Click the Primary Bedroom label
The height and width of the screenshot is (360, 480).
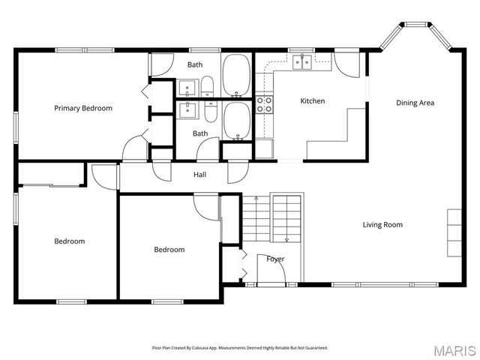coord(83,108)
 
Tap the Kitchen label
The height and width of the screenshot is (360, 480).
coord(313,101)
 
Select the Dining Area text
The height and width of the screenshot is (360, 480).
coord(415,103)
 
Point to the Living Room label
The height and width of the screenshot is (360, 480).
coord(382,225)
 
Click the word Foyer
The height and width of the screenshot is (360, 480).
coord(275,259)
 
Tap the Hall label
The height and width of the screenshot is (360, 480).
coord(199,175)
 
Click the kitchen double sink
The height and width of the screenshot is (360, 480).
coord(302,62)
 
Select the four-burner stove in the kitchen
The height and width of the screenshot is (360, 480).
coord(264,104)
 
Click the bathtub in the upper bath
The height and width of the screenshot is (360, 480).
coord(236,75)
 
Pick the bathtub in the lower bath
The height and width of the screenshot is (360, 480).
coord(237,121)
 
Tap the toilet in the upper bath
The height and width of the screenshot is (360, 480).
coord(207,86)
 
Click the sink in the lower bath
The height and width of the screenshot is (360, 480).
coord(187,110)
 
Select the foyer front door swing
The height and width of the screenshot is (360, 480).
coord(271,268)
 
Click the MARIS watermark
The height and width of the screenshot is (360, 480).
coord(455,351)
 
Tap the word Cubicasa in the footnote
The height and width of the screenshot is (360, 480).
coord(202,348)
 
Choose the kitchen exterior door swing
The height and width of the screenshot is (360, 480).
coord(346,65)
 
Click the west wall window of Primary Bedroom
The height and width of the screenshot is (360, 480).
coord(16,127)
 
